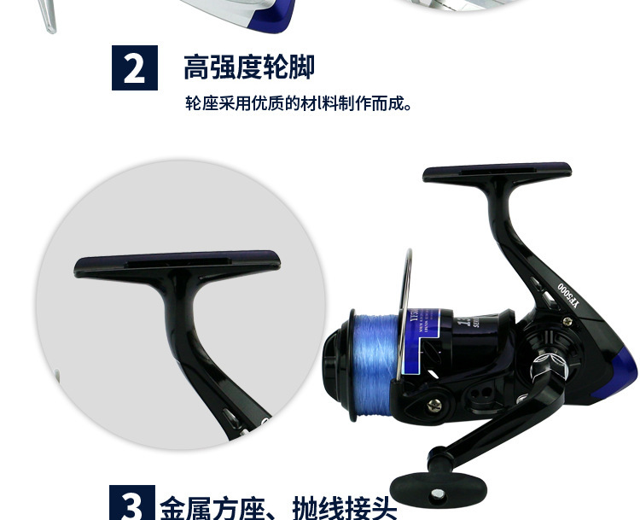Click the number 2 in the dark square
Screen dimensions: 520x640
click(135, 68)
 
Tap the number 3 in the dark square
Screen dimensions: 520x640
click(131, 505)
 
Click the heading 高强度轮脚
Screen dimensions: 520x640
click(248, 67)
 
